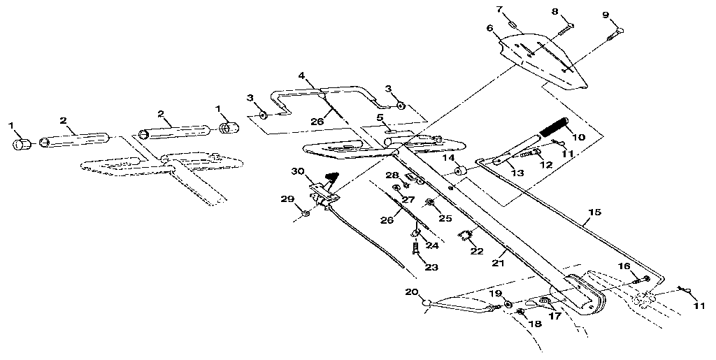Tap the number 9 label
[606, 14]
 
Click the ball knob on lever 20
[427, 302]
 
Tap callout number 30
[297, 171]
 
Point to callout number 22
[476, 252]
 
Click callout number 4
[301, 75]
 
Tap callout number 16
[624, 266]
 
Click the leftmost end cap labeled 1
[21, 144]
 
